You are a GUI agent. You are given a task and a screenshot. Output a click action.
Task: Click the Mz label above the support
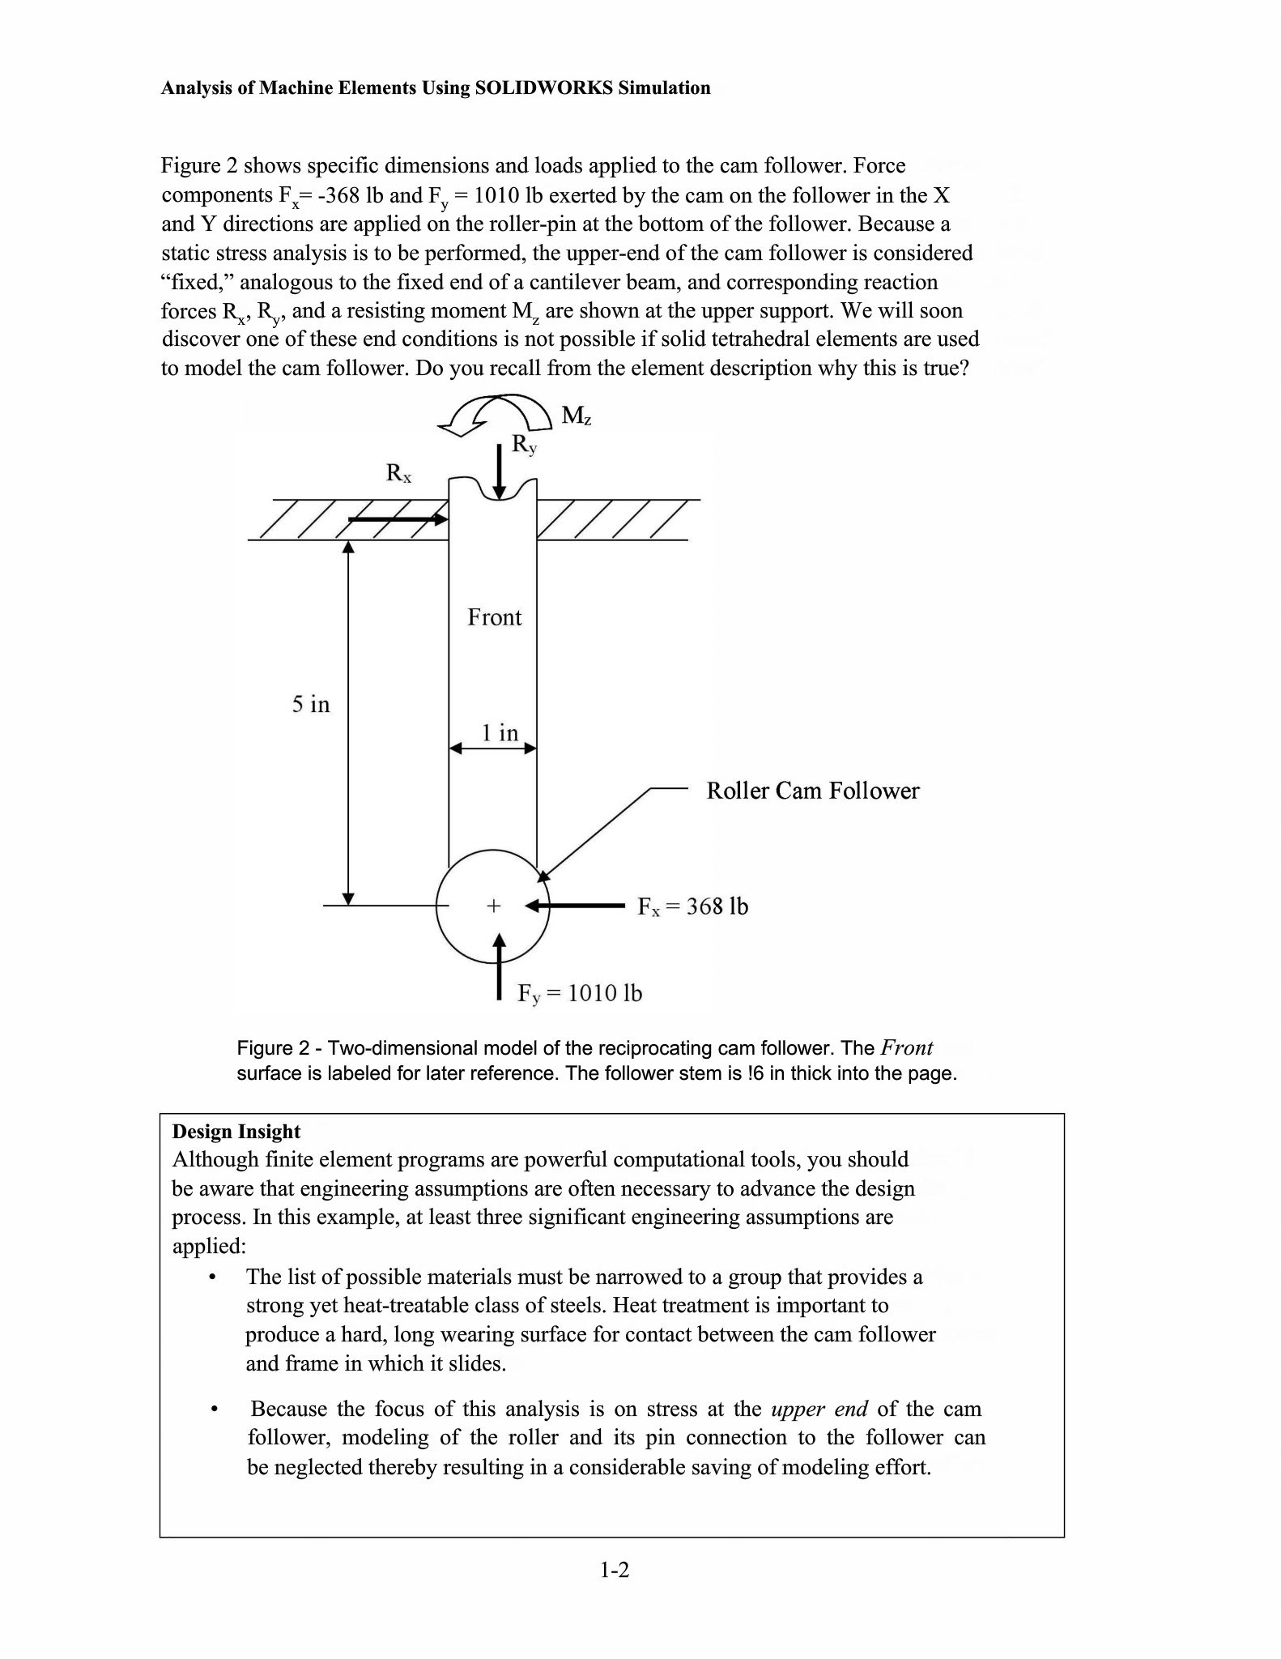577,416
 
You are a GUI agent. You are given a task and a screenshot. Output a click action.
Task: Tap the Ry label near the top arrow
524,445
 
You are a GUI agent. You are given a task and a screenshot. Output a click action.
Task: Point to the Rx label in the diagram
398,472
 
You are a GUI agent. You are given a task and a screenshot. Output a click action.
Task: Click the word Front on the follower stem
494,618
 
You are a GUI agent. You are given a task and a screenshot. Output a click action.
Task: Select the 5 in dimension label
311,704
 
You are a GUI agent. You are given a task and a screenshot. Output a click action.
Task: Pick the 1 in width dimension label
500,733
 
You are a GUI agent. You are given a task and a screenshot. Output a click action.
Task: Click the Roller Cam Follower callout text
812,791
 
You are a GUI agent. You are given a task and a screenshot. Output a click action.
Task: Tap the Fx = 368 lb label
692,906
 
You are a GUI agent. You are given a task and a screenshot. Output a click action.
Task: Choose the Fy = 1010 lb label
580,993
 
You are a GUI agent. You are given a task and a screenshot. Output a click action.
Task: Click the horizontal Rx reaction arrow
398,519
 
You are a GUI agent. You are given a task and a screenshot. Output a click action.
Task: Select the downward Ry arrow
500,469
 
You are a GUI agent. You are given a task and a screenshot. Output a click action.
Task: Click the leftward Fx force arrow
575,905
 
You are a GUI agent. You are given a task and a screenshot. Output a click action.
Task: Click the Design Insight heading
236,1132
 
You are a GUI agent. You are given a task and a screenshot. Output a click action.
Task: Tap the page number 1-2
615,1571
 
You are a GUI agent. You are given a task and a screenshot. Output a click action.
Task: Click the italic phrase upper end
819,1409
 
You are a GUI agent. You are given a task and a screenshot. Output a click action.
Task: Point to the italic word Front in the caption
906,1048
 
